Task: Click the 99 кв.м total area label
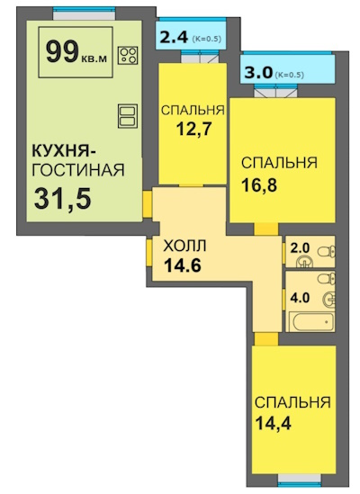pyautogui.click(x=76, y=52)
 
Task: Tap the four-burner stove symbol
pyautogui.click(x=128, y=56)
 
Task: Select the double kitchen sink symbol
pyautogui.click(x=128, y=116)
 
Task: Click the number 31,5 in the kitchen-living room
pyautogui.click(x=63, y=199)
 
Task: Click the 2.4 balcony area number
pyautogui.click(x=175, y=38)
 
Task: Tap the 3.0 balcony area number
pyautogui.click(x=258, y=74)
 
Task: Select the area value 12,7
pyautogui.click(x=193, y=129)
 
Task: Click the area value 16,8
pyautogui.click(x=259, y=185)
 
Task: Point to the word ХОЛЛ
pyautogui.click(x=184, y=246)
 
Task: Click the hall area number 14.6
pyautogui.click(x=182, y=265)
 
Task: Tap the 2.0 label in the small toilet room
pyautogui.click(x=300, y=248)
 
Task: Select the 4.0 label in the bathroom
pyautogui.click(x=300, y=298)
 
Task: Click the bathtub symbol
pyautogui.click(x=311, y=321)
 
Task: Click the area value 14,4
pyautogui.click(x=273, y=423)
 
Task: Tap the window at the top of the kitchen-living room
pyautogui.click(x=85, y=9)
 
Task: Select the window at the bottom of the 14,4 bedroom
pyautogui.click(x=300, y=484)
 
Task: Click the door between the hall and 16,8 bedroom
pyautogui.click(x=266, y=229)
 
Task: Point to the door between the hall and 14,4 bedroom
pyautogui.click(x=266, y=339)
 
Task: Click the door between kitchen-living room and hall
pyautogui.click(x=148, y=204)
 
